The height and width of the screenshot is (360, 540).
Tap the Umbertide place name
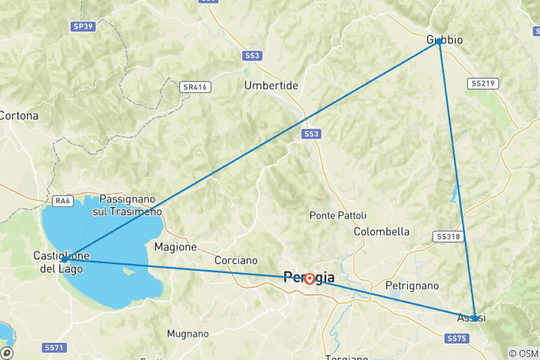click(x=271, y=85)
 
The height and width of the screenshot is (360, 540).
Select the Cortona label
click(x=19, y=115)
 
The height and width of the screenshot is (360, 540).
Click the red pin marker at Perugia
click(x=309, y=279)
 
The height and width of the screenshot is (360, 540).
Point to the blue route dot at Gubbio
click(x=439, y=42)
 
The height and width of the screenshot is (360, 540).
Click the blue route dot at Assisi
click(x=475, y=318)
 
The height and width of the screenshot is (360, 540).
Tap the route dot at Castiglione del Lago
click(x=65, y=259)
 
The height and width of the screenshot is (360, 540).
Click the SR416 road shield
click(x=194, y=87)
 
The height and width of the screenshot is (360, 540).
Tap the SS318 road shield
click(x=447, y=236)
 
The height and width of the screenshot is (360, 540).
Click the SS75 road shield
click(x=457, y=339)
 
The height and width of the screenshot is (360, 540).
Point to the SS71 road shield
click(x=55, y=347)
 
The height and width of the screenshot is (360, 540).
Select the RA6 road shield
click(x=62, y=200)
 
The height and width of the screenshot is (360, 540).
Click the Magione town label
click(x=175, y=246)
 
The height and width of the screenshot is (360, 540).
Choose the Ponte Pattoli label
click(x=337, y=215)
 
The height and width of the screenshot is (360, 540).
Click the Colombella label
click(x=382, y=231)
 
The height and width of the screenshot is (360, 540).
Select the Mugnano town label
click(x=187, y=332)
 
